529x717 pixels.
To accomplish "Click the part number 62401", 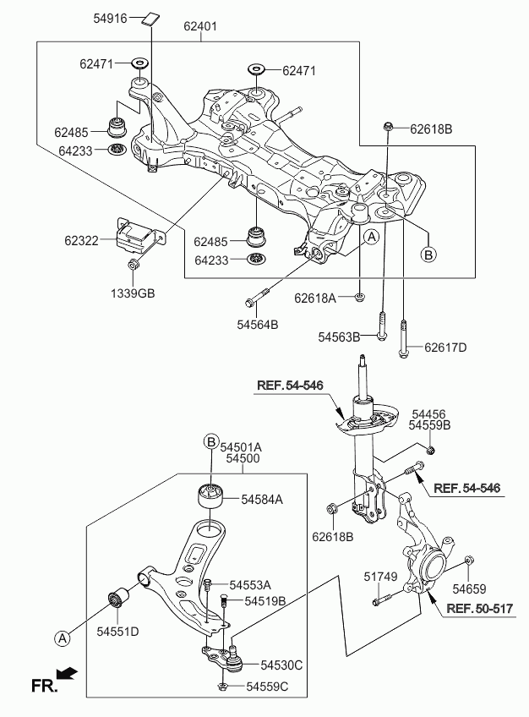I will (x=200, y=26).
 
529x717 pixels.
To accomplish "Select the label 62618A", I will (x=315, y=298).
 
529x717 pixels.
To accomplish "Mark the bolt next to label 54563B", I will (x=382, y=326).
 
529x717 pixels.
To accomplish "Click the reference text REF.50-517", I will (x=479, y=608).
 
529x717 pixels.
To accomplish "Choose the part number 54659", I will (x=469, y=588).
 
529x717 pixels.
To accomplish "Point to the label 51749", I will (x=379, y=577).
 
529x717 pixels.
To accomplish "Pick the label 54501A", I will (x=242, y=445).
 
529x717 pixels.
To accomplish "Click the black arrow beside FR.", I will (x=68, y=674).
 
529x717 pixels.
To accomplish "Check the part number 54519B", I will (x=265, y=601).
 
